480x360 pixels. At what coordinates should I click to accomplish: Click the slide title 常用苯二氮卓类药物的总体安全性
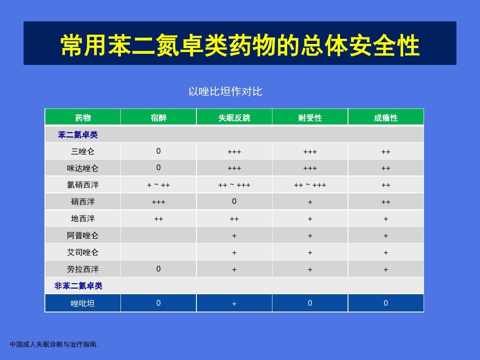click(x=240, y=45)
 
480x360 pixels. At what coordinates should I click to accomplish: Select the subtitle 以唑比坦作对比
click(x=225, y=92)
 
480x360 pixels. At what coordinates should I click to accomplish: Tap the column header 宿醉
click(x=159, y=118)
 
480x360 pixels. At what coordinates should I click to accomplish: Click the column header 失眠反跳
click(x=234, y=118)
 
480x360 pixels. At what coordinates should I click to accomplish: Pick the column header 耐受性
click(x=310, y=118)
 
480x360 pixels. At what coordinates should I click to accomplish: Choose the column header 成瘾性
click(x=386, y=118)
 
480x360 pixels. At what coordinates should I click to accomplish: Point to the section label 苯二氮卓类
click(x=78, y=135)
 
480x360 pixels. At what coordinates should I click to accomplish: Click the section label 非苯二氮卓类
click(x=78, y=286)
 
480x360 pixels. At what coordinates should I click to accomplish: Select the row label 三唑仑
click(x=83, y=152)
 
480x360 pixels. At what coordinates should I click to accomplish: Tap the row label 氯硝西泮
click(x=83, y=185)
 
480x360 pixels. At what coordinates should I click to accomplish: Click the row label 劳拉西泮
click(x=83, y=269)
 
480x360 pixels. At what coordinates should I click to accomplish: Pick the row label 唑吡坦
click(x=83, y=304)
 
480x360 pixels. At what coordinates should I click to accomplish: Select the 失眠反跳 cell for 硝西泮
click(x=234, y=202)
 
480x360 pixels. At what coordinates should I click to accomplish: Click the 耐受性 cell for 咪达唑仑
click(x=310, y=168)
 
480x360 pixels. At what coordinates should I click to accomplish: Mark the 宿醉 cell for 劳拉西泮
click(x=159, y=269)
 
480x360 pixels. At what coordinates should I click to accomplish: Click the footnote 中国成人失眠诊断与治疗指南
click(x=54, y=344)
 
